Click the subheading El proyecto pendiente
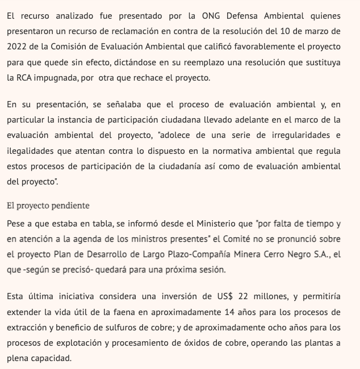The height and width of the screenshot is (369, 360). [x=48, y=206]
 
